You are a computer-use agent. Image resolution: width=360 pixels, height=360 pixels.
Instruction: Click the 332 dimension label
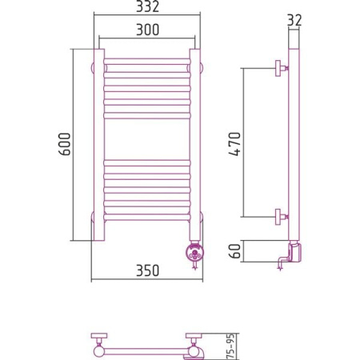coord(147,6)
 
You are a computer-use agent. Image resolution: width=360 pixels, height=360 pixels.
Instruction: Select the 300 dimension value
coord(147,30)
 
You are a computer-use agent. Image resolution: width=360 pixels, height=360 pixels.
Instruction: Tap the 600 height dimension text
coord(65,144)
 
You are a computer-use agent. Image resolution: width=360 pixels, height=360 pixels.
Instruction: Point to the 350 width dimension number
coord(147,270)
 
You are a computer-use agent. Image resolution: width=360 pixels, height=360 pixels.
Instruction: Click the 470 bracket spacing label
coord(235,144)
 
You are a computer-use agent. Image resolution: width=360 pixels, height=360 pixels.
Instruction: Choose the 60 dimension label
coord(235,251)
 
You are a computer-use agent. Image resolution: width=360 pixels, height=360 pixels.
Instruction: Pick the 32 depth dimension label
coord(294,20)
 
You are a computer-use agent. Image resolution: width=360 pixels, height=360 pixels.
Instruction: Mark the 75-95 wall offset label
coord(231,346)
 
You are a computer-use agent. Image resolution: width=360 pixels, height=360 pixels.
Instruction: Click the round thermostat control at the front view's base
coord(194,252)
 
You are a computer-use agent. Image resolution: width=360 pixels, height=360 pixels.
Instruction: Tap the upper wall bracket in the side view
coord(282,68)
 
